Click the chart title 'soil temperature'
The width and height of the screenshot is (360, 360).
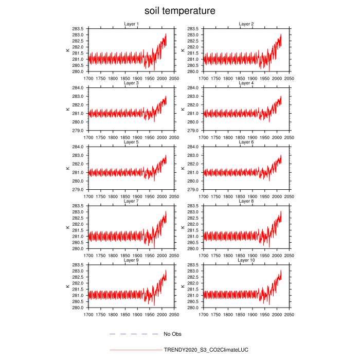(179, 10)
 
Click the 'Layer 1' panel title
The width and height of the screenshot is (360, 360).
(131, 24)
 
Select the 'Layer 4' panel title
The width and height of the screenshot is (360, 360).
(246, 83)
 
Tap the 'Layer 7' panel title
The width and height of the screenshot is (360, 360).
(131, 201)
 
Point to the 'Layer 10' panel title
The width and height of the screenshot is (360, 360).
(246, 260)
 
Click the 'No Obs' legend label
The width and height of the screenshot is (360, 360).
(172, 334)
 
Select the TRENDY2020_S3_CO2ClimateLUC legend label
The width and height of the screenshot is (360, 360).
(206, 350)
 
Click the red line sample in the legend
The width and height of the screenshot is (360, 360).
(135, 350)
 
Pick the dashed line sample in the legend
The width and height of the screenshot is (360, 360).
(133, 334)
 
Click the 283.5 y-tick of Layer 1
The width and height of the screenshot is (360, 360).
(79, 29)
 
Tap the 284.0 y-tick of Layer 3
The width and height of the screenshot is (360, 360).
(79, 88)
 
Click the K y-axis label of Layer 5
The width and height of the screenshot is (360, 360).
(67, 168)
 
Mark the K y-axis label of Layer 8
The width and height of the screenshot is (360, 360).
(183, 227)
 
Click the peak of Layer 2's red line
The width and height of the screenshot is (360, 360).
(281, 34)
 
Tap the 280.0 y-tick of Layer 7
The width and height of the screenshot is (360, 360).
(79, 249)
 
